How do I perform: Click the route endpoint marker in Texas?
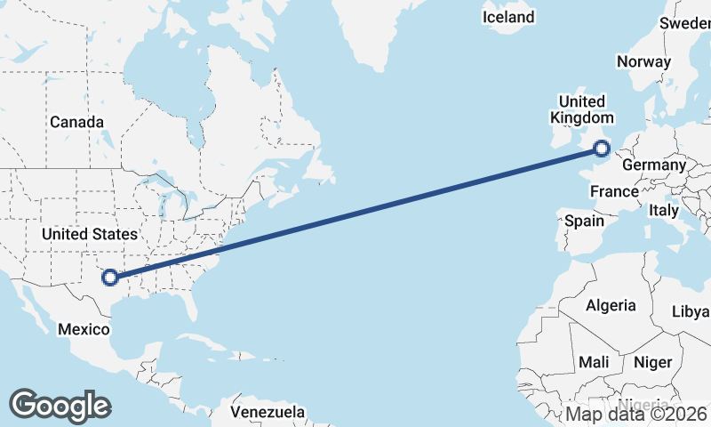click(110, 278)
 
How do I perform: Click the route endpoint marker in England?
click(603, 149)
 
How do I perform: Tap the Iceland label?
click(508, 17)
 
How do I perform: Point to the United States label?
click(90, 234)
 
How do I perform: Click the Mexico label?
click(83, 329)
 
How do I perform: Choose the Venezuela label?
click(268, 413)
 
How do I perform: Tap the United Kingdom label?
click(582, 109)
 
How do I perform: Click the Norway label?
click(643, 62)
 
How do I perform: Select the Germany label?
click(654, 165)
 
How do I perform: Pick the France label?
click(615, 191)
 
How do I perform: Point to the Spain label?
click(584, 221)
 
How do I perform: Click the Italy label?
click(663, 211)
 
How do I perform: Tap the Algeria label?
click(611, 305)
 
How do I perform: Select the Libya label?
click(691, 311)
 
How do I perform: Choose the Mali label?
click(593, 362)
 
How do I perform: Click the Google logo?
click(60, 406)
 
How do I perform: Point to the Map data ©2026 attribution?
click(636, 414)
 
